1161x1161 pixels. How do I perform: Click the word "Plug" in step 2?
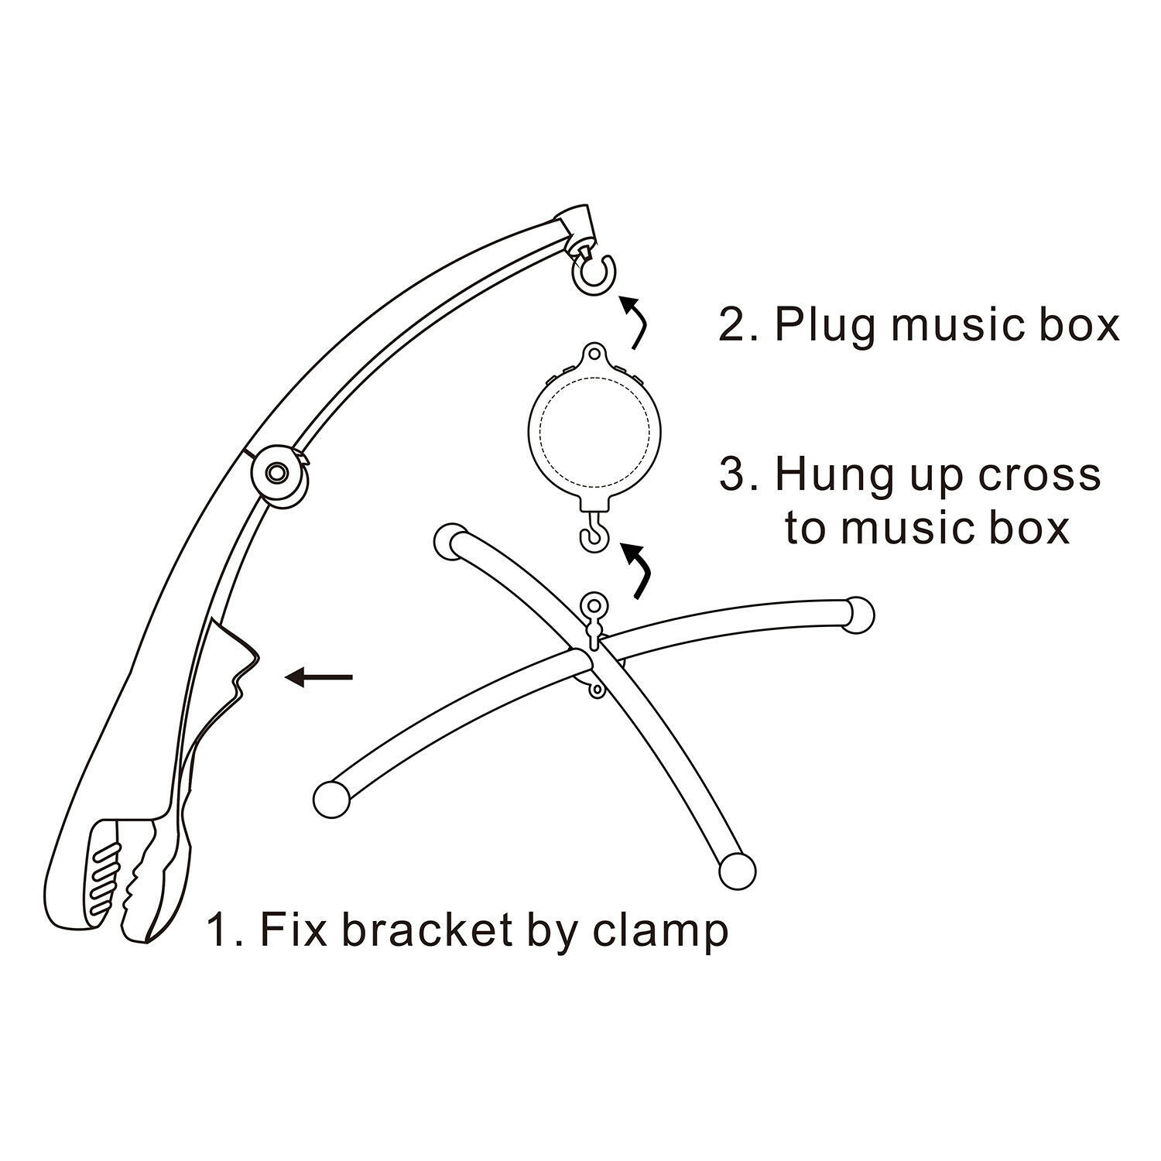tap(827, 326)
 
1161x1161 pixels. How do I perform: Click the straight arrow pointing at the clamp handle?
tap(319, 678)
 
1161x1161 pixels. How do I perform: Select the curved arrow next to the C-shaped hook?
tap(635, 323)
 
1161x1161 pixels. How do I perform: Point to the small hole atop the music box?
tap(594, 355)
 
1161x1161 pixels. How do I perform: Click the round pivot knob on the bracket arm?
tap(276, 471)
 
